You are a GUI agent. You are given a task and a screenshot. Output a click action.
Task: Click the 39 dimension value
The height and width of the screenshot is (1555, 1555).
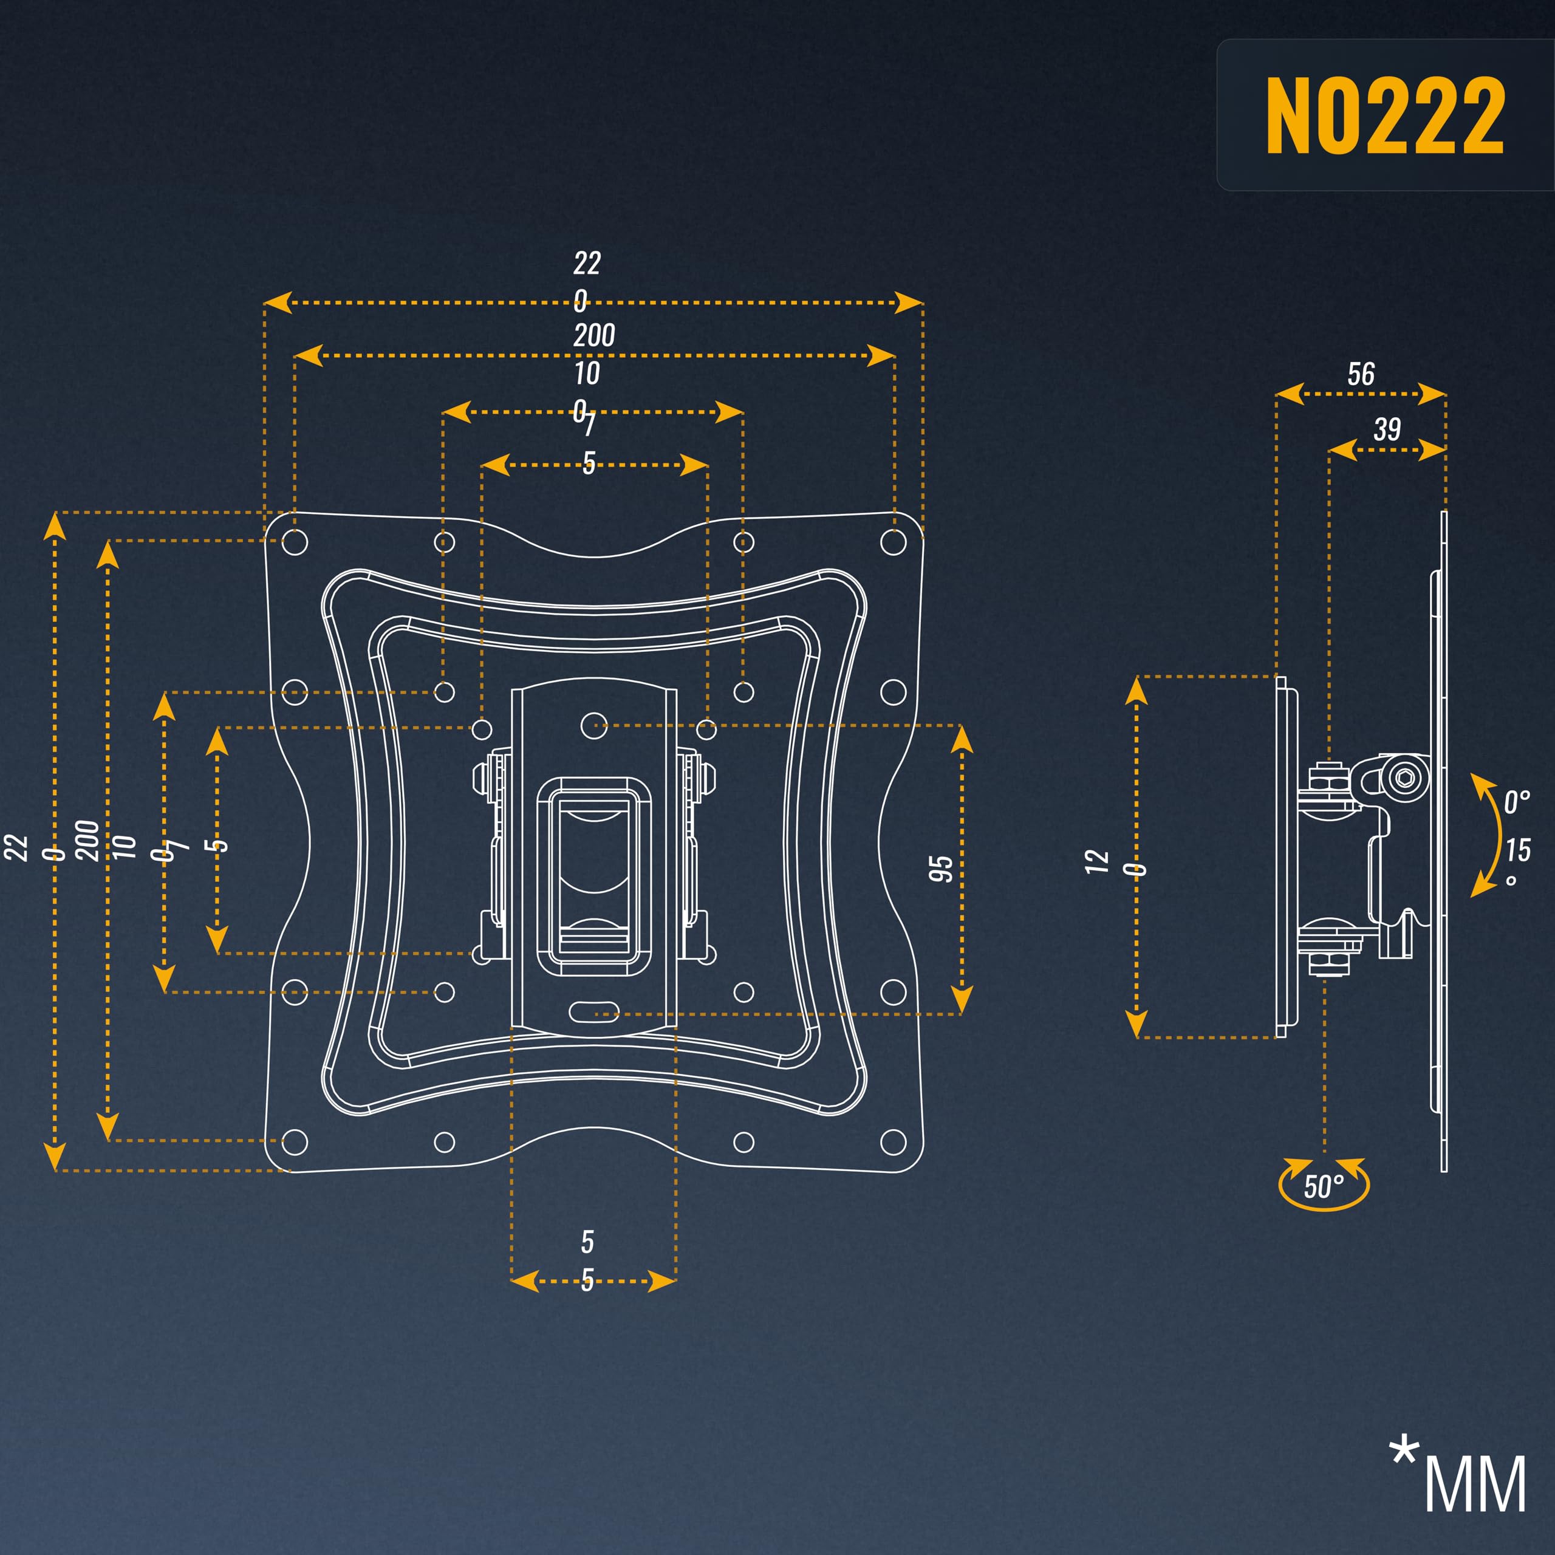pos(1387,429)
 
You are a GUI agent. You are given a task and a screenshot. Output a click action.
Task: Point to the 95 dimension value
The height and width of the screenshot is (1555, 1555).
pos(940,869)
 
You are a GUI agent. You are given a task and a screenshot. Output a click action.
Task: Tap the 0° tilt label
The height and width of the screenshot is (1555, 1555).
pos(1516,802)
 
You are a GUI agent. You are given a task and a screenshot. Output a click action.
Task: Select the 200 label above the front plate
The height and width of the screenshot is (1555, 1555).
pos(594,335)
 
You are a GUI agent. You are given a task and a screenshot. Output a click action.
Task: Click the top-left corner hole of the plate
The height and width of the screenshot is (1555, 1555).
pos(295,542)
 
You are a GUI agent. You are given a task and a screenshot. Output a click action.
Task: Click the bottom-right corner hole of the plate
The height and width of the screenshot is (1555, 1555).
pos(894,1141)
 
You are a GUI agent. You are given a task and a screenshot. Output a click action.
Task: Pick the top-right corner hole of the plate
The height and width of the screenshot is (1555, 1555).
pos(894,542)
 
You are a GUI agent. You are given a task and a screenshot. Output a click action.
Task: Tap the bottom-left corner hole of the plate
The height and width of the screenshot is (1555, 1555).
pos(295,1141)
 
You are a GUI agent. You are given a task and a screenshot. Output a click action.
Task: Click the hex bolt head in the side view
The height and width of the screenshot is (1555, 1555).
pos(1404,778)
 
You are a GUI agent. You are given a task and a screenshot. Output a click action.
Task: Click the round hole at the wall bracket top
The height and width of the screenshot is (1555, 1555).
pos(594,725)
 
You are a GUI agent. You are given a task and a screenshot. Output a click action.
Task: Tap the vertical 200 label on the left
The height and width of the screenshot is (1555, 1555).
pos(87,840)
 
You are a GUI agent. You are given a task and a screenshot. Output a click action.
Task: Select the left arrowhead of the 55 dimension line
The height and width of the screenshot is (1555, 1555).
pos(525,1281)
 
